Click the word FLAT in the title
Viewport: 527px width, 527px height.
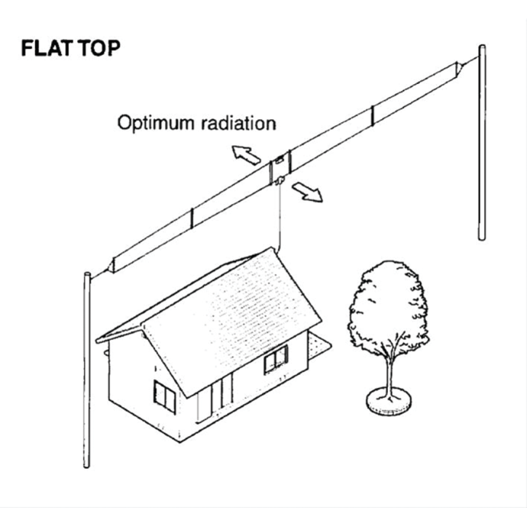click(x=47, y=48)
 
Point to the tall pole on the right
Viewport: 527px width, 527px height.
click(x=482, y=145)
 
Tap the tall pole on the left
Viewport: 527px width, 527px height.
click(x=87, y=367)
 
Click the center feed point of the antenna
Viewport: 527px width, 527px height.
click(x=280, y=170)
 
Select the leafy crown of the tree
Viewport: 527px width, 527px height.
click(x=387, y=306)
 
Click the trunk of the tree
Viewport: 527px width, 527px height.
click(x=390, y=374)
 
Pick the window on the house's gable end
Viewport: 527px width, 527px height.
click(x=163, y=393)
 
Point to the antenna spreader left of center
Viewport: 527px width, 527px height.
click(x=191, y=219)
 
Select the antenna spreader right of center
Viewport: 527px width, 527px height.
click(x=372, y=115)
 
